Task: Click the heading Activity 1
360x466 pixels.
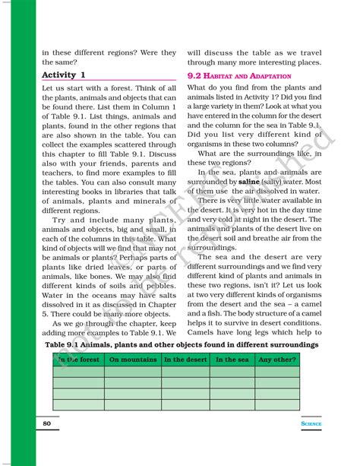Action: tap(64, 75)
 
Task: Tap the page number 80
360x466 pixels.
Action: tap(47, 423)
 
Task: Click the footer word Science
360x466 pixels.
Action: tap(310, 423)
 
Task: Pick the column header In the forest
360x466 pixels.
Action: tap(77, 360)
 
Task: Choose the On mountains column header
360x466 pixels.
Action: tap(132, 360)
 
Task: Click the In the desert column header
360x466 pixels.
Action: tap(184, 360)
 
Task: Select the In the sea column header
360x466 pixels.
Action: tap(232, 360)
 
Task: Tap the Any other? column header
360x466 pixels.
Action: tap(276, 360)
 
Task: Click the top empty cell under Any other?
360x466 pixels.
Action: tap(277, 372)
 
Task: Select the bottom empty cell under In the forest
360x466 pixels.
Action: tap(77, 404)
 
